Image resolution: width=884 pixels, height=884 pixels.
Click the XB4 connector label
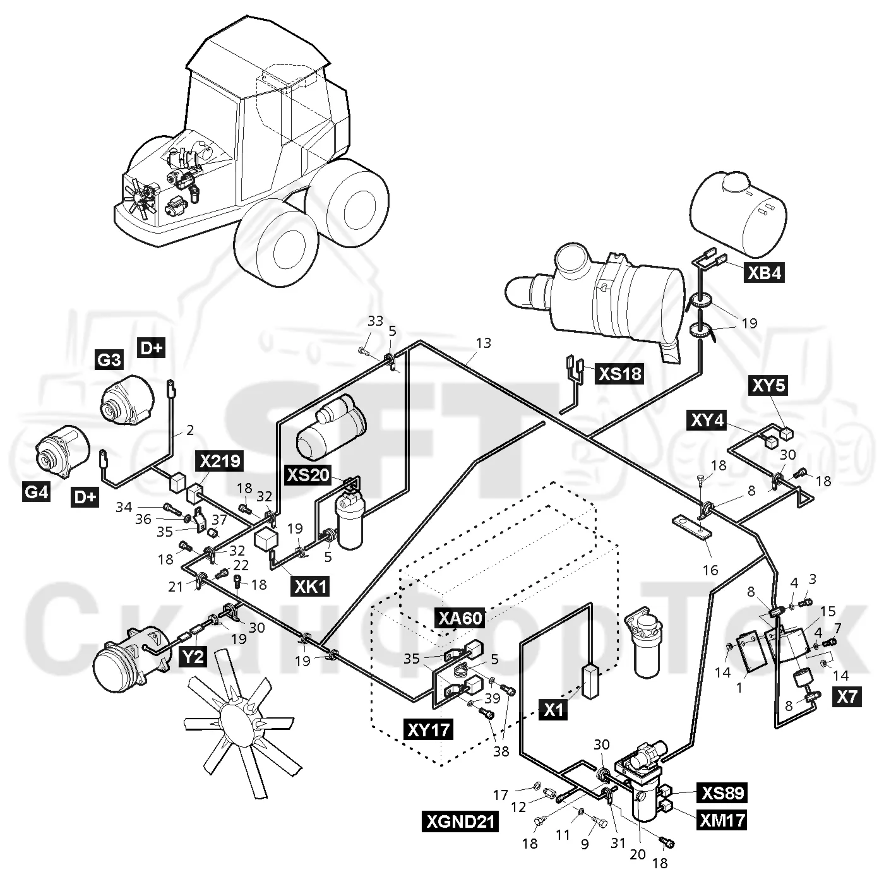coord(764,273)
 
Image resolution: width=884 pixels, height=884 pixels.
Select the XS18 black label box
coord(620,374)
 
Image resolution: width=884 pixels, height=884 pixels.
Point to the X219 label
coord(220,461)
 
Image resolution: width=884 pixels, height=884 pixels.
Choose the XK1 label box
coord(310,586)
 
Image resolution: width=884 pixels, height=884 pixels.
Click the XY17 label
coord(429,729)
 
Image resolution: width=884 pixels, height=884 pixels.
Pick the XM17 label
coord(722,820)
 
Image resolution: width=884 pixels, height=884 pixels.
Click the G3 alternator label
coord(109,360)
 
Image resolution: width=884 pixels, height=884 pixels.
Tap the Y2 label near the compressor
coord(193,657)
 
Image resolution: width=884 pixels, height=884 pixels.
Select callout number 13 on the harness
coord(483,343)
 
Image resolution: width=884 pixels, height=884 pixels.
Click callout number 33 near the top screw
coord(375,321)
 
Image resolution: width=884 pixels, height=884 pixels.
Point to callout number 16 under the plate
coord(710,570)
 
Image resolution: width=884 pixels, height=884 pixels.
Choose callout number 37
coord(219,519)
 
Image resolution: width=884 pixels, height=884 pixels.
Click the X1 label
coord(554,710)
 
